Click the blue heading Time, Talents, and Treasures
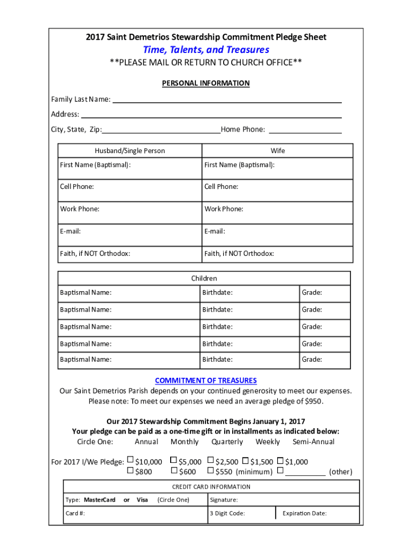click(x=206, y=50)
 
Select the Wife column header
click(x=277, y=151)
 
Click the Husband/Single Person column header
click(x=130, y=151)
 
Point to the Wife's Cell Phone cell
click(x=277, y=190)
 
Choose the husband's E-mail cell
click(x=130, y=234)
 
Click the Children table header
click(x=204, y=278)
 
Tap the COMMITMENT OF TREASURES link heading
click(x=206, y=380)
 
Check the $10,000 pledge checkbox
click(x=130, y=461)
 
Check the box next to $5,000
click(x=173, y=460)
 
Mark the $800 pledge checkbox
click(x=130, y=471)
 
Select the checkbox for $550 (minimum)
click(x=210, y=471)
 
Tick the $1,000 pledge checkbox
click(x=280, y=460)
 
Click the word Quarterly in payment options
click(x=227, y=442)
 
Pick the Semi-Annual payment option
click(x=313, y=442)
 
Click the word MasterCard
click(x=100, y=500)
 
